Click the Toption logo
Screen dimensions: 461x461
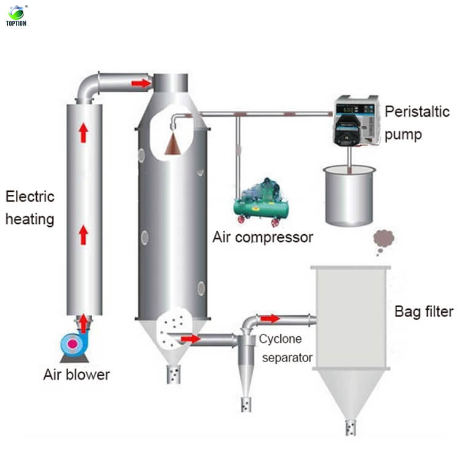[x=17, y=15]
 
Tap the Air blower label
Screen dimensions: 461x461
[x=76, y=374]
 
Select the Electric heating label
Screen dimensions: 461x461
[x=30, y=208]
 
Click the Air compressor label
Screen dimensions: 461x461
[x=263, y=237]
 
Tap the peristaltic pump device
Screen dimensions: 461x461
[x=357, y=123]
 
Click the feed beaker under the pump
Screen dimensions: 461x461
[x=349, y=196]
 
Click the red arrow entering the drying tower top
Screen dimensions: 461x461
[x=141, y=83]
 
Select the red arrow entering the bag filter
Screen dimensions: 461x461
[x=270, y=318]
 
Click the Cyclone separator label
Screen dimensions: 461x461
[x=286, y=348]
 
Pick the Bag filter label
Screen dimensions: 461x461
[x=424, y=312]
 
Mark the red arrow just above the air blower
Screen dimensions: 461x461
[x=83, y=322]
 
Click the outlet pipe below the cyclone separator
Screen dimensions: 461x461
[x=246, y=404]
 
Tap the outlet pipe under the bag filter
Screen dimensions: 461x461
[x=350, y=427]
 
